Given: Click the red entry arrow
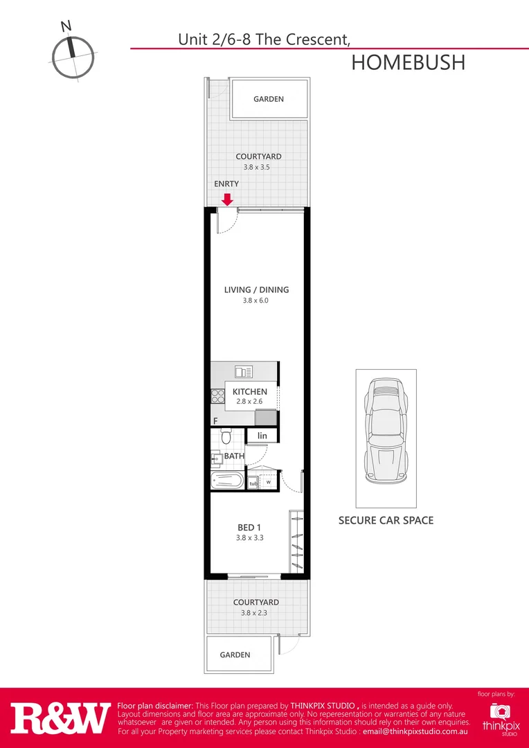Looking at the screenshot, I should (x=226, y=199).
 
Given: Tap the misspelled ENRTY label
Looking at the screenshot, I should (x=226, y=184).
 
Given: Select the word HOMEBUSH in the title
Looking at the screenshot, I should (x=408, y=62).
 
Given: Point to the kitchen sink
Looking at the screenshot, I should (x=243, y=373).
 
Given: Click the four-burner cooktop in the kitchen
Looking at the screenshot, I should (x=217, y=396).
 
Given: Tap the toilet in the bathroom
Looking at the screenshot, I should (x=226, y=436).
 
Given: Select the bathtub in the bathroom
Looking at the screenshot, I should (x=227, y=480).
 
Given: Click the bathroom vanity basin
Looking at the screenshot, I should (x=216, y=457).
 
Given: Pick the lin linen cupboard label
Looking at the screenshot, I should (x=262, y=436).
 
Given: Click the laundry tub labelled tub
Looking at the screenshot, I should (x=253, y=483).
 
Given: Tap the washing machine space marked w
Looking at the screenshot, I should (x=269, y=482).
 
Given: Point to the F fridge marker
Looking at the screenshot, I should (x=215, y=421).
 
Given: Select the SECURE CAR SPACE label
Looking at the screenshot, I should (x=386, y=520).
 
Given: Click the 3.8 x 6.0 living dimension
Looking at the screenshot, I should (x=255, y=301).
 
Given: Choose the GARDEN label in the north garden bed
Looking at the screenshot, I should (x=268, y=99).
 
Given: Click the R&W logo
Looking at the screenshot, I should (x=60, y=718).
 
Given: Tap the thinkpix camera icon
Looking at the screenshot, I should (x=499, y=711).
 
